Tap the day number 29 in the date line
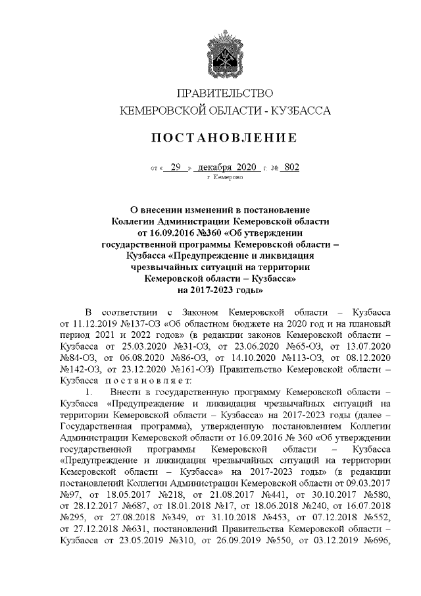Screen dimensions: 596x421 pos(175,167)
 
